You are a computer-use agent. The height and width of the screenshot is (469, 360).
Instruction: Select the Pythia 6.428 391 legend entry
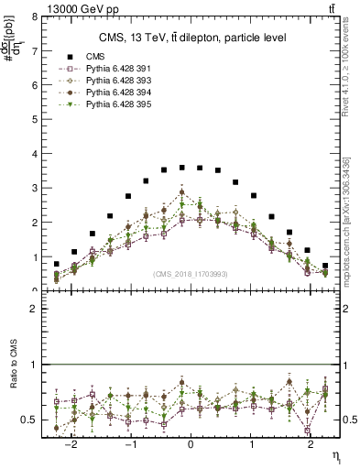tap(119, 69)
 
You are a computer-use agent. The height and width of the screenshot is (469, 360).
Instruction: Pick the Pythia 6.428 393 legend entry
tap(119, 82)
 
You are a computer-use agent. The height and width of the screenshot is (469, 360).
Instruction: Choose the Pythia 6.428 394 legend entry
tap(119, 93)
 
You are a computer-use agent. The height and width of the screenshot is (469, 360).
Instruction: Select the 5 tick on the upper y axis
tap(34, 120)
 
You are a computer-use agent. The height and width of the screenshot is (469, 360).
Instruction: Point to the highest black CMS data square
tap(182, 168)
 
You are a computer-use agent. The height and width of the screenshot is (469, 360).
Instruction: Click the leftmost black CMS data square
tap(57, 264)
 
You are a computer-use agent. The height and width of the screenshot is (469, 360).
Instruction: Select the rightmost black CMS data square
tap(325, 266)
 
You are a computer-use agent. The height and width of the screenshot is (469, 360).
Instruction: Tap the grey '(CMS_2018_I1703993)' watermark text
tap(191, 274)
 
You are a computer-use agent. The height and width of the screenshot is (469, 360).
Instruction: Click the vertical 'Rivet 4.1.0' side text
tap(350, 73)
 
